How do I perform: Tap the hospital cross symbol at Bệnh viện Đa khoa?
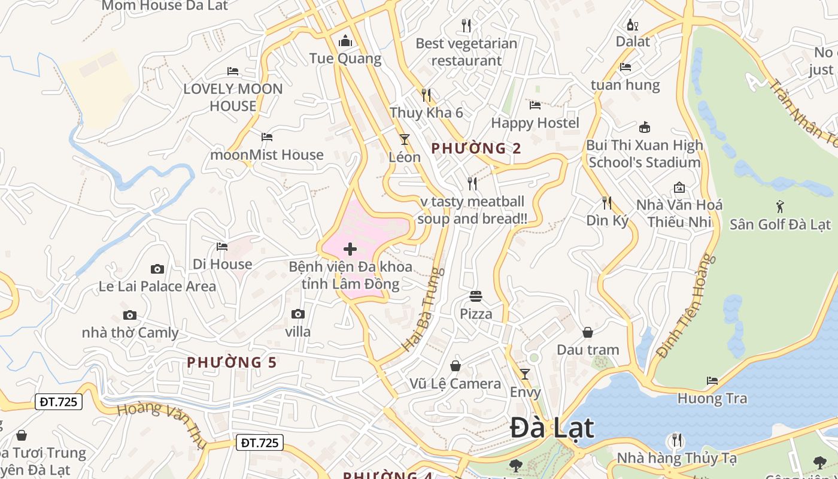tap(350, 249)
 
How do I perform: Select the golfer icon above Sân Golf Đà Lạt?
tap(779, 207)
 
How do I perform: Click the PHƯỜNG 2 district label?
tap(476, 148)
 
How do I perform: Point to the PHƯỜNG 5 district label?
tap(232, 362)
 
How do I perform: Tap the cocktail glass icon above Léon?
tap(405, 140)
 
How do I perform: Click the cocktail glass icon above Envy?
tap(525, 374)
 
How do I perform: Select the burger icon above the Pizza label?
tap(476, 296)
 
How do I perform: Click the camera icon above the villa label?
tap(297, 314)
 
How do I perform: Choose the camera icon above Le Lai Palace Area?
tap(157, 269)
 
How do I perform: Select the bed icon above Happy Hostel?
tap(535, 105)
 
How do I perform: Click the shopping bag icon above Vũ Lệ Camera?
tap(456, 366)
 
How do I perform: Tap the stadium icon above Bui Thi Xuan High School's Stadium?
tap(645, 128)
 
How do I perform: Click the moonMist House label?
tap(266, 154)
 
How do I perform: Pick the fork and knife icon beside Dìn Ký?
tap(607, 203)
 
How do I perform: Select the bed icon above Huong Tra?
tap(712, 381)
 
